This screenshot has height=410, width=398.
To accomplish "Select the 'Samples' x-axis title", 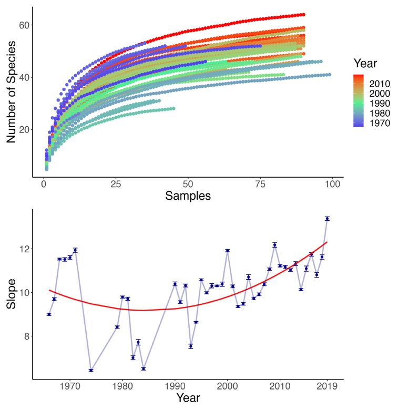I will (x=188, y=196).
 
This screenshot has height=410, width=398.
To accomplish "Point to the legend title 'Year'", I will (x=365, y=64).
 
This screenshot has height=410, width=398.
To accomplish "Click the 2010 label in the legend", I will (x=379, y=83).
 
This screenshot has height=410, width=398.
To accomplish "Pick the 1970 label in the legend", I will (x=379, y=124).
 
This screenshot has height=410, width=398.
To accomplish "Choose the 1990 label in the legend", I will (x=379, y=104).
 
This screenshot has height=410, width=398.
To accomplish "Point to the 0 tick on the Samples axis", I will (x=44, y=184).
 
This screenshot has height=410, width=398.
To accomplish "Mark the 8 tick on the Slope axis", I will (x=24, y=336).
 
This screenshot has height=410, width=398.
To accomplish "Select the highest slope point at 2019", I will (x=327, y=218).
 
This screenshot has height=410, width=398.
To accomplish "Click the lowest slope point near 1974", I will (x=91, y=370).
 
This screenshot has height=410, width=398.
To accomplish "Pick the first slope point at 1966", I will (x=49, y=314).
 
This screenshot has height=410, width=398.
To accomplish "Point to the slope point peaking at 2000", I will (x=227, y=251).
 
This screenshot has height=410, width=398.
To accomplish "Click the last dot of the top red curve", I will (x=303, y=15).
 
